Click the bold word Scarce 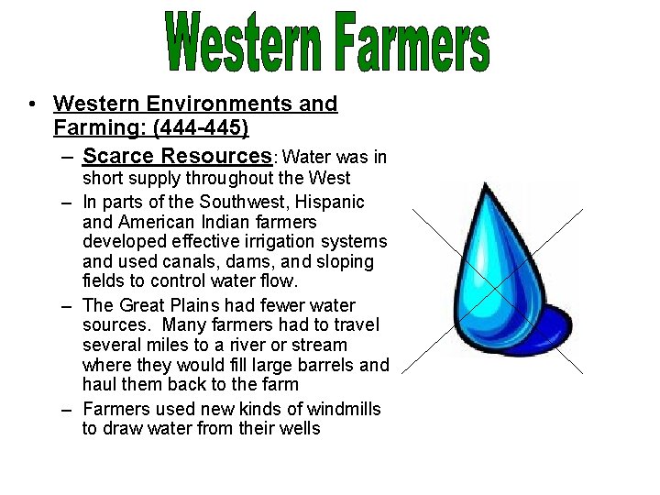[117, 156]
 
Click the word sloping [346, 262]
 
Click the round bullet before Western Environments [32, 105]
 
